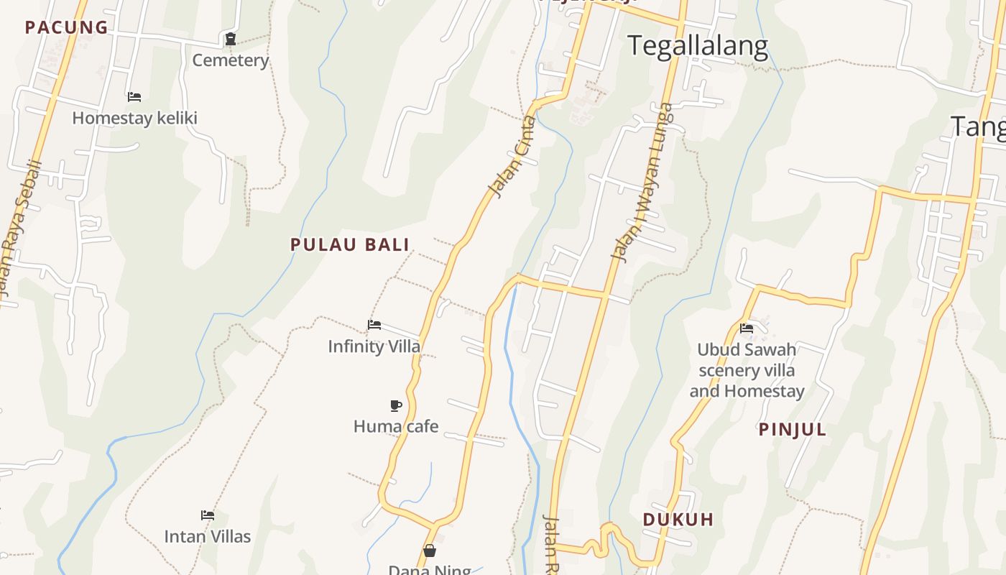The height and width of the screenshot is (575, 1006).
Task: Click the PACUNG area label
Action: pos(66,28)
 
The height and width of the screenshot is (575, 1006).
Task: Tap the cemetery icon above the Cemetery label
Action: pos(231,39)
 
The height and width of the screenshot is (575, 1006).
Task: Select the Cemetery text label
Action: pos(230,60)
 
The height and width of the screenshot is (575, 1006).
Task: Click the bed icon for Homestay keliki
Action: pos(134,97)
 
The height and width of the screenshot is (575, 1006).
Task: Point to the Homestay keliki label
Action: pos(134,118)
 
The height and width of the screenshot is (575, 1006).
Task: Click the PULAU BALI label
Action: pos(350,244)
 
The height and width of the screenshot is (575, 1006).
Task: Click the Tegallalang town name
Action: pos(698,46)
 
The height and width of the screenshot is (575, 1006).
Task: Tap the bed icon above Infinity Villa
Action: pos(374,325)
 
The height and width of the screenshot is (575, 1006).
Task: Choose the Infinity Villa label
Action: pos(374,346)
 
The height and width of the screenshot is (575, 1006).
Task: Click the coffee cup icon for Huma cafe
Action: pos(395,405)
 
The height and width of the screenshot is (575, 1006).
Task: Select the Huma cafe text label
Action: pos(395,426)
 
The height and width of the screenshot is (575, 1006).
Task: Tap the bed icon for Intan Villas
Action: pos(208,515)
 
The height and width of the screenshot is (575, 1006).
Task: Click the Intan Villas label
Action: pos(208,536)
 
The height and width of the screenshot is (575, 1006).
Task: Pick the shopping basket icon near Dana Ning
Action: pos(430,551)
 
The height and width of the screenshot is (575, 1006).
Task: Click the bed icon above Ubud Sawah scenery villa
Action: pos(747,328)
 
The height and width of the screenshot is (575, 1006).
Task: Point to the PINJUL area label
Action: pos(793,430)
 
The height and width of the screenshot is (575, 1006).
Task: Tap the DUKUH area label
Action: pos(678,520)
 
